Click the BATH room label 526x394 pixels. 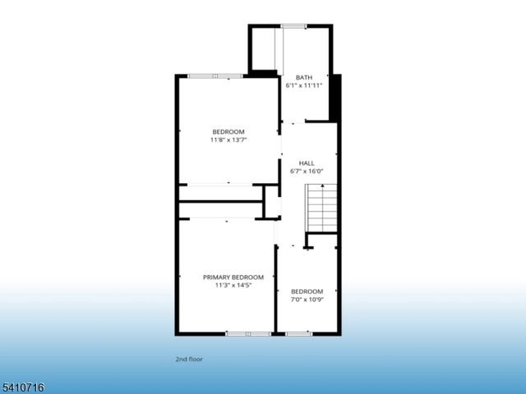point(304,77)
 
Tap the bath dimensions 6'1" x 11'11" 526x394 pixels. point(304,85)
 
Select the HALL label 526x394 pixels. point(307,163)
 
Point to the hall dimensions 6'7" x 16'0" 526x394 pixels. point(307,172)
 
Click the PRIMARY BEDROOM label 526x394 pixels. point(233,277)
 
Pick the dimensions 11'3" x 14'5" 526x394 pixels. point(233,286)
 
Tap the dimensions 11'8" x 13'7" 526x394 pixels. point(228,140)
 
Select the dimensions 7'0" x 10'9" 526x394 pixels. point(307,300)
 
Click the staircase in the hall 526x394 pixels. point(321,208)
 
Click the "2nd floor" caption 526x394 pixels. point(189,360)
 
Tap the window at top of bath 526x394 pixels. point(293,26)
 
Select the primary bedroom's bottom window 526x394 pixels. point(248,333)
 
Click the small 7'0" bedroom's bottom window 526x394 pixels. point(298,333)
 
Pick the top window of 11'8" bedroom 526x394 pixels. point(215,76)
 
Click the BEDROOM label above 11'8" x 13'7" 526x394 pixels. point(228,132)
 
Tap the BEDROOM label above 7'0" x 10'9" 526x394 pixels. point(307,291)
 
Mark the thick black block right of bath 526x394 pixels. point(335,97)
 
